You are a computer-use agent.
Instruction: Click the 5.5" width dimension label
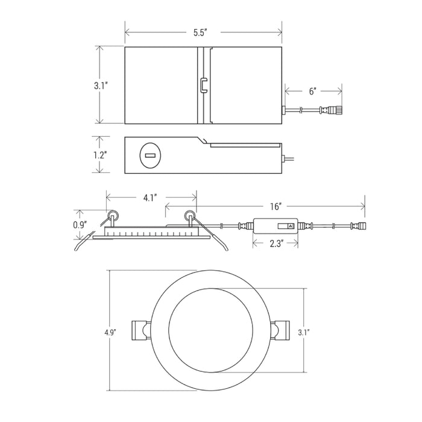(x=200, y=33)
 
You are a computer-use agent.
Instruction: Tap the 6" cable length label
(x=312, y=91)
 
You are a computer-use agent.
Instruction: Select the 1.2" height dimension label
(x=101, y=155)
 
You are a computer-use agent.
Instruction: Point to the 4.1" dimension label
(x=150, y=198)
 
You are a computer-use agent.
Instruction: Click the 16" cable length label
(x=276, y=207)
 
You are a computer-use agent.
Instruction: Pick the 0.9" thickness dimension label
(x=80, y=225)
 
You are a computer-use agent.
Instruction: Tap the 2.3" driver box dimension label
(x=276, y=244)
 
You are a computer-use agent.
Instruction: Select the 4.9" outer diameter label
(x=110, y=333)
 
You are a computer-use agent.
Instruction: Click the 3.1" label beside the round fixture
(x=304, y=333)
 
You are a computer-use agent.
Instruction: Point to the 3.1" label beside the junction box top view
(x=101, y=86)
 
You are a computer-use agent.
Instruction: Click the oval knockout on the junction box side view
(x=150, y=156)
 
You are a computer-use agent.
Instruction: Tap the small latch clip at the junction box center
(x=204, y=86)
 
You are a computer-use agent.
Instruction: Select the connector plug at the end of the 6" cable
(x=332, y=110)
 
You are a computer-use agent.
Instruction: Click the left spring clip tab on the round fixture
(x=140, y=330)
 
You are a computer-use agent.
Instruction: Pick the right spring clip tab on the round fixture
(x=282, y=330)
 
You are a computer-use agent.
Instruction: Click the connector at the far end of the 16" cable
(x=359, y=225)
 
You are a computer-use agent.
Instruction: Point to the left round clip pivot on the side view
(x=113, y=215)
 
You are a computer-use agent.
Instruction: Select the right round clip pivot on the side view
(x=189, y=215)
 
